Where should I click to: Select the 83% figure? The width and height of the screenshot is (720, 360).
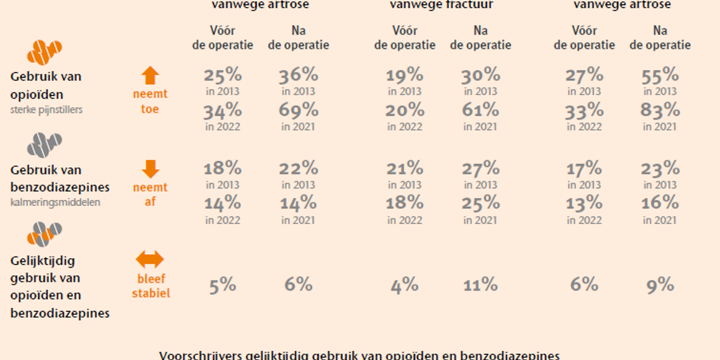point(660,110)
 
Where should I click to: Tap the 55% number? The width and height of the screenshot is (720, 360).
point(660,75)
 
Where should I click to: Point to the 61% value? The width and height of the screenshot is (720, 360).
point(480,110)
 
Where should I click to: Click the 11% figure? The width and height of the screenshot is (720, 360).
point(480,285)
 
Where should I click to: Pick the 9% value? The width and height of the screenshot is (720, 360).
point(660,285)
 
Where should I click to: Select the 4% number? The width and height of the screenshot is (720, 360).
point(404,286)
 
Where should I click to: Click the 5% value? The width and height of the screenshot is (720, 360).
point(222,285)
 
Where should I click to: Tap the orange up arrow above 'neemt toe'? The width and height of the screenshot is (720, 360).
point(150,76)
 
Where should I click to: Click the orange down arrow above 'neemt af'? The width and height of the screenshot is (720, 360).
point(150,169)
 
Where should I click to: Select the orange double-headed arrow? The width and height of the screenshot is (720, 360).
point(150,259)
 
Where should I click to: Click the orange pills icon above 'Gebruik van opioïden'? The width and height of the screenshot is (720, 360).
point(45,52)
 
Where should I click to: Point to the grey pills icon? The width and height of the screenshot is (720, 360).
point(45,145)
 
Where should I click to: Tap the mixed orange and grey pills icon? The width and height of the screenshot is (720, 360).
point(45,235)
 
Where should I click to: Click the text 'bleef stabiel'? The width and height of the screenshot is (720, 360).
point(150,286)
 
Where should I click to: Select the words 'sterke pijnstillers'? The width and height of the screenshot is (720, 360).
point(47,110)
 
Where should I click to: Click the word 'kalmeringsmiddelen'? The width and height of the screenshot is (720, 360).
point(55,202)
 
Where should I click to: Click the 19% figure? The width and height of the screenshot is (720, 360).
point(404,75)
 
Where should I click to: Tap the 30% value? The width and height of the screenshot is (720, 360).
point(480,75)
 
